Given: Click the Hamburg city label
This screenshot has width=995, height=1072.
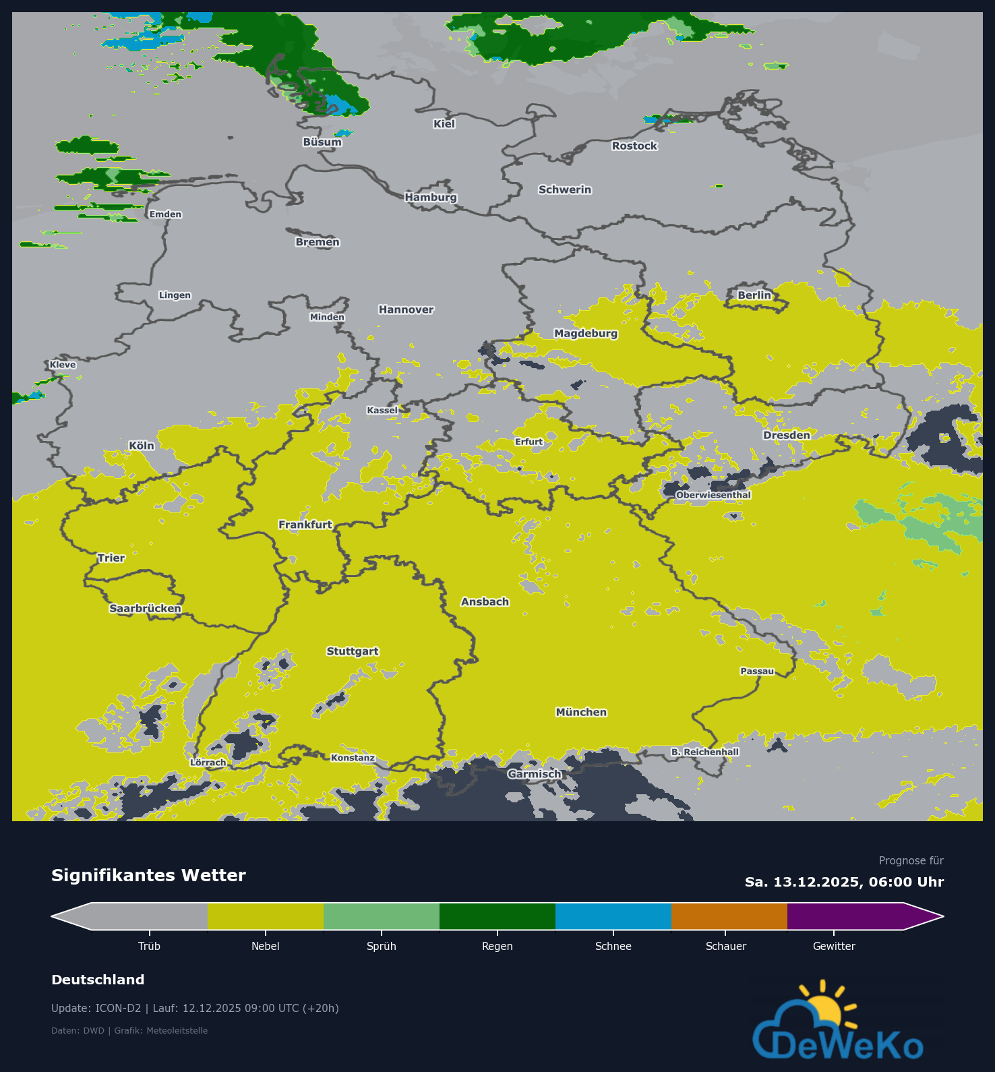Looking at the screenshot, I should tap(431, 197).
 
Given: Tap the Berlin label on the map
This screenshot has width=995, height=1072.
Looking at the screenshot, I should tap(754, 295).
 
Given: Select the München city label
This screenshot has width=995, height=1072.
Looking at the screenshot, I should tap(581, 712).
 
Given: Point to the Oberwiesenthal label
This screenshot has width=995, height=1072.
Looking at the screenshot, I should tap(713, 495).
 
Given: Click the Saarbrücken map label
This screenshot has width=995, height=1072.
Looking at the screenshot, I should tap(145, 608).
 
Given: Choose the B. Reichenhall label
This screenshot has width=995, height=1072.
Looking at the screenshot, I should tap(704, 752).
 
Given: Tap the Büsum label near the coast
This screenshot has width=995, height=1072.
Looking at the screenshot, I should tap(322, 142).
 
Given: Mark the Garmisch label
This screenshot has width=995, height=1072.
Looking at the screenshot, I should tap(535, 774).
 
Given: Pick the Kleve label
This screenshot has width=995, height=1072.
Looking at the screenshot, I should tap(63, 365).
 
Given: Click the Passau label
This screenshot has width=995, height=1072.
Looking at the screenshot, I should tap(757, 671).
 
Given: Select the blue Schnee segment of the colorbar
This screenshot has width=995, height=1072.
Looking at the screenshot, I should tap(613, 916).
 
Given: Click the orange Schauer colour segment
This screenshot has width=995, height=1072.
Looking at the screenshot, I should tap(729, 916).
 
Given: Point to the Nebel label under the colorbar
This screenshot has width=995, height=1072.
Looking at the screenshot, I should tap(265, 946).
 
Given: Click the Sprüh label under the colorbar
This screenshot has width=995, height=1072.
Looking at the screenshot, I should tap(381, 946).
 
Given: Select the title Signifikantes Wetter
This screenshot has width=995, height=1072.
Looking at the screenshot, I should tap(148, 875).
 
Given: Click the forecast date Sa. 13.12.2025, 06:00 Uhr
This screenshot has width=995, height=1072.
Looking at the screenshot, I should tap(844, 882).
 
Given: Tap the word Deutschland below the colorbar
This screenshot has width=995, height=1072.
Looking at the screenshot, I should tap(98, 980).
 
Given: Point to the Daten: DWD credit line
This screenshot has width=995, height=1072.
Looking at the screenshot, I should tap(129, 1030).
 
